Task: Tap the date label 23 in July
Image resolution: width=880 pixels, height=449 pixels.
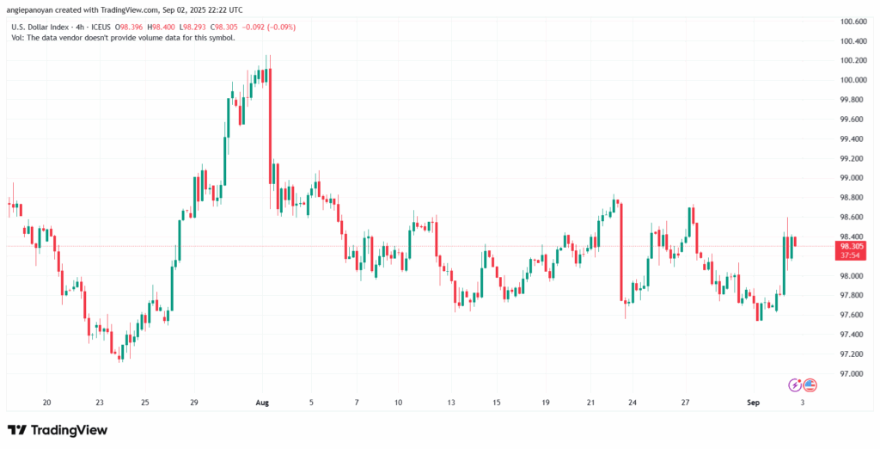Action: pyautogui.click(x=101, y=402)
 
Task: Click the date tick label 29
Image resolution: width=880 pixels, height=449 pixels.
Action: pyautogui.click(x=194, y=402)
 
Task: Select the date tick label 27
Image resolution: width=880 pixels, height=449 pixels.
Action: pyautogui.click(x=687, y=402)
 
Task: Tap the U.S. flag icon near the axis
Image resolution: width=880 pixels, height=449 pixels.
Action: pyautogui.click(x=810, y=384)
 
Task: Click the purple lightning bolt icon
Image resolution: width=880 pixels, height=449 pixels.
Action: pyautogui.click(x=795, y=384)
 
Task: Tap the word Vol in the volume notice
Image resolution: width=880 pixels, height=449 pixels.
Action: pyautogui.click(x=16, y=38)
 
